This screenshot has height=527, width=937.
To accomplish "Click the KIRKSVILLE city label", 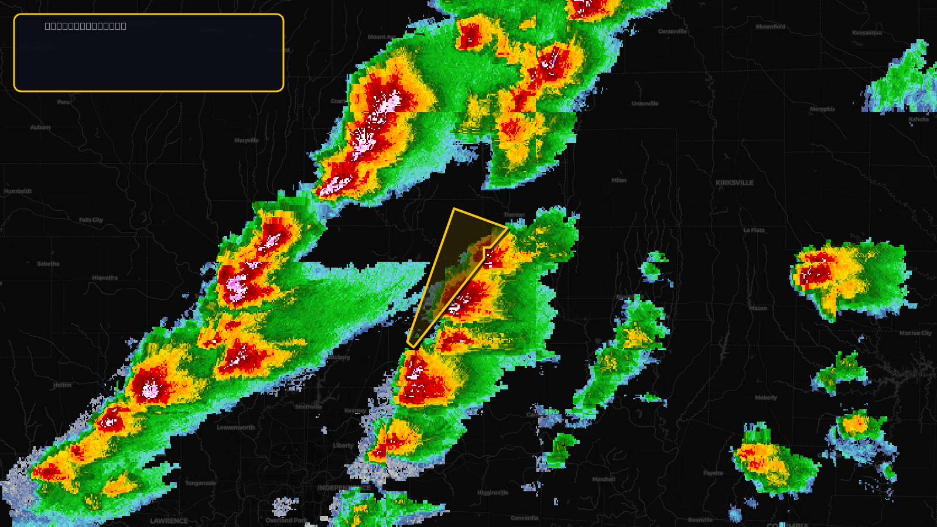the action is pos(734,183).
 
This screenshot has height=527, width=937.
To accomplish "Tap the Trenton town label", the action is pos(514,215).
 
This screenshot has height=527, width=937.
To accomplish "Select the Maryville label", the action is pos(246,141).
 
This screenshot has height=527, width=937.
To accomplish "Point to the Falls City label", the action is pos(91,220).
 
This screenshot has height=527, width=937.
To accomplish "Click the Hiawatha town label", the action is pos(105,278).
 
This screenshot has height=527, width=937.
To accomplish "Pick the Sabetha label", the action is pos(48,263).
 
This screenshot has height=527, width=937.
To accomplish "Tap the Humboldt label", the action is pos(18,191).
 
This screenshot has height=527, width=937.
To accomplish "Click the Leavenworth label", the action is pos(235,427).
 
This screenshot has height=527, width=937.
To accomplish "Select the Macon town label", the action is pos(758,308).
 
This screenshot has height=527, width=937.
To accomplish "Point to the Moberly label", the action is pos(765,398).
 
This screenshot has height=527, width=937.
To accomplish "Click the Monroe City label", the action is pos(915,333).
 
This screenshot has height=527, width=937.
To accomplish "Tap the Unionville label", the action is pos(645,104).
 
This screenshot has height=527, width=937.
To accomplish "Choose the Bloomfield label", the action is pos(770,27).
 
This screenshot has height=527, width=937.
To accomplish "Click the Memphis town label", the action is pos(822,109).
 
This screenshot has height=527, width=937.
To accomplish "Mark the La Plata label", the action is pos(754,230).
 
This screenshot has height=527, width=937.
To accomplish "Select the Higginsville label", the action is pos(493,492).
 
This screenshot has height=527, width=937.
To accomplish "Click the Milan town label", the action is pos(619,180).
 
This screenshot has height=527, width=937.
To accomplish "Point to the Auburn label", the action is pos(40,127).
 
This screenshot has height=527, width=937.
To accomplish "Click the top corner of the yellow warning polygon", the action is pos(454,209).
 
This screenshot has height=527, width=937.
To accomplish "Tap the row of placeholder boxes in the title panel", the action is pos(86,26).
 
